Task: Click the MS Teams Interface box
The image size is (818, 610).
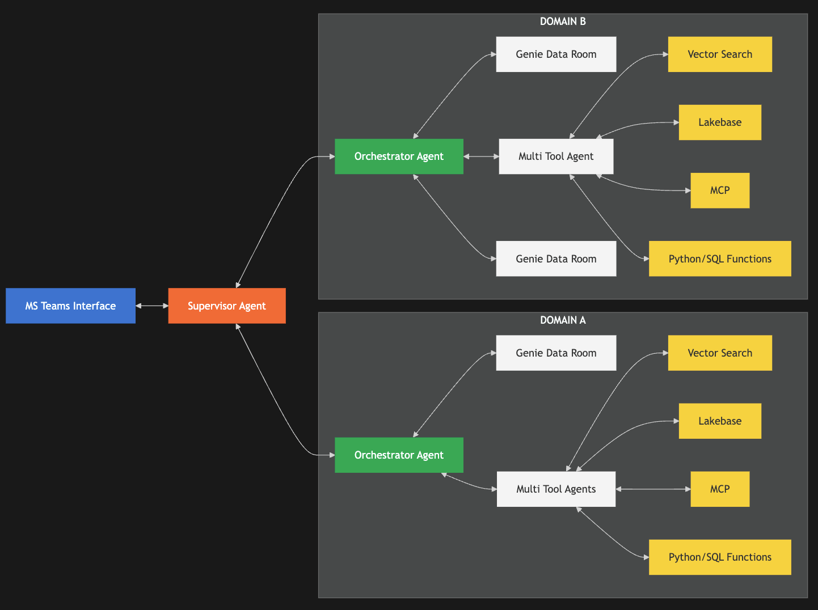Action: (70, 306)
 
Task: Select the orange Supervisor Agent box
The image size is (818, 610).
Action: (227, 306)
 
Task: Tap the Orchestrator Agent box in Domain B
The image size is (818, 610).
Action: (399, 156)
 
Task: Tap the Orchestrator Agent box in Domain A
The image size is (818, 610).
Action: (399, 455)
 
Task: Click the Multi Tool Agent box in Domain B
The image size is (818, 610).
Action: (556, 156)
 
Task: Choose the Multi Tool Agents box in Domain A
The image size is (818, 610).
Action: (556, 489)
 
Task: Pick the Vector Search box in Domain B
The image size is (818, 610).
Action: (720, 54)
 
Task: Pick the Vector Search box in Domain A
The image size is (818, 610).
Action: (720, 353)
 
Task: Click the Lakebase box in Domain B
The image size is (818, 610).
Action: (720, 122)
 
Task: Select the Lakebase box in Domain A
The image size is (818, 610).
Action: (720, 421)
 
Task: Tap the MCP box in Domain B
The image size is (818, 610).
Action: (720, 190)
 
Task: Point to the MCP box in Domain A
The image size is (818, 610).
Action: (720, 489)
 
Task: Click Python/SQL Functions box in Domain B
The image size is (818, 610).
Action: (720, 259)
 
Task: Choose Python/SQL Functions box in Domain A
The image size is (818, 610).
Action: (720, 557)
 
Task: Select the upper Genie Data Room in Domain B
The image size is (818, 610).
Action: (556, 54)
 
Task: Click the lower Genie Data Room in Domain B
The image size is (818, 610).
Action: (556, 259)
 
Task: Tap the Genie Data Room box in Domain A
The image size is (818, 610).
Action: (556, 353)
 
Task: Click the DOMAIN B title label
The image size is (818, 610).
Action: (563, 22)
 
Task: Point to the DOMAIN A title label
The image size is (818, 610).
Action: (563, 320)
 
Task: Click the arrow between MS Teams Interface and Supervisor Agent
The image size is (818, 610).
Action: (152, 306)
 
